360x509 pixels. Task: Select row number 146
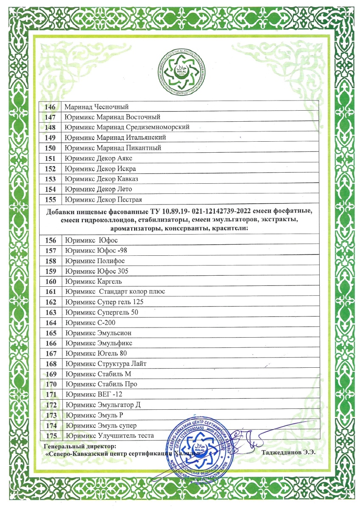coord(51,107)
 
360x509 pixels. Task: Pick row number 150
coord(51,148)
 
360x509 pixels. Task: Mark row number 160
coord(51,282)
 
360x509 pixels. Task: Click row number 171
coord(51,394)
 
